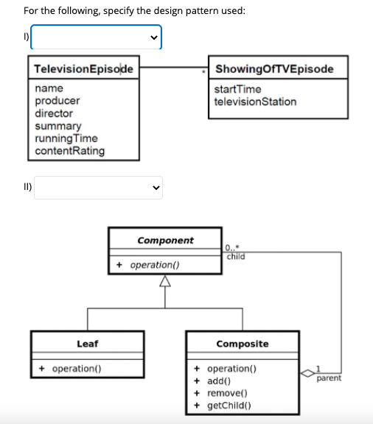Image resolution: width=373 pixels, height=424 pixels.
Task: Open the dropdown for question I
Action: click(96, 38)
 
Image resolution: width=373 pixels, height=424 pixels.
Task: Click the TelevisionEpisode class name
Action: click(83, 69)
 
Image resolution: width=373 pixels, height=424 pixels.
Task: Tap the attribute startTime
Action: click(237, 89)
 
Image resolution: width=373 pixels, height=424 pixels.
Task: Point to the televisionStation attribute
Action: click(255, 102)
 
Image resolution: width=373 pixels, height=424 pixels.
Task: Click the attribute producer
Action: click(57, 101)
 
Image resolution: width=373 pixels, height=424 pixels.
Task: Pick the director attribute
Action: click(55, 113)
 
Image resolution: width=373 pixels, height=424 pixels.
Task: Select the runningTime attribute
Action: click(66, 138)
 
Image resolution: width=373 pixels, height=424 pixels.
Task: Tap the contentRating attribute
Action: click(70, 151)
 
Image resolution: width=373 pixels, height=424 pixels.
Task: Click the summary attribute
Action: click(58, 126)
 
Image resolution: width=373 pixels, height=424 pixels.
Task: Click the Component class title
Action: click(165, 241)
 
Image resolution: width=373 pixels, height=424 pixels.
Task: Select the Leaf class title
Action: click(88, 344)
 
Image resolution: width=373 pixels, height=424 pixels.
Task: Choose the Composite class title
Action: click(242, 344)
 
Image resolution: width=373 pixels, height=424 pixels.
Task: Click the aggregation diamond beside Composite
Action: click(307, 373)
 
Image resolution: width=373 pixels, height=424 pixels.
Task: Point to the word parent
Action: click(330, 378)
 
